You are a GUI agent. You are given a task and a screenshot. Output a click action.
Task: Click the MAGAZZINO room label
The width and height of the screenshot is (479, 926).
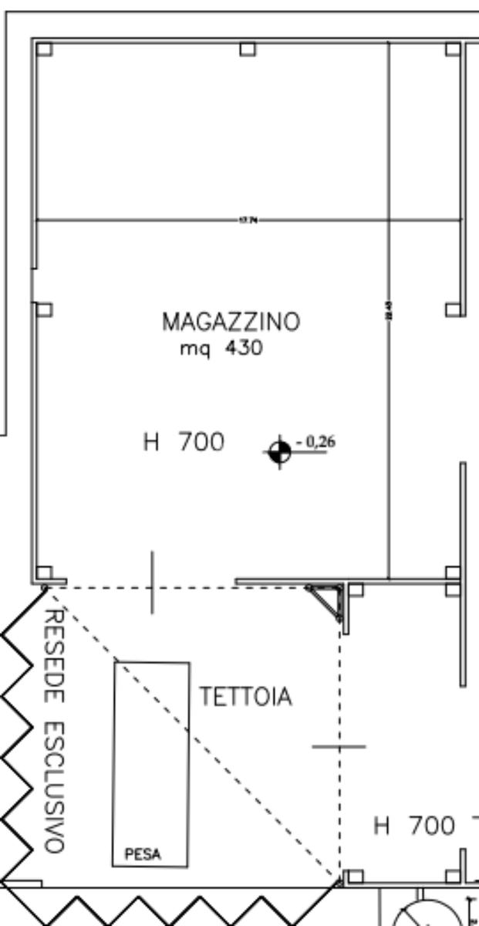(x=231, y=322)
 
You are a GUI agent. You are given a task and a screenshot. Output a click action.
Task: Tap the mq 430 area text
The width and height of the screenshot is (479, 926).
(x=221, y=349)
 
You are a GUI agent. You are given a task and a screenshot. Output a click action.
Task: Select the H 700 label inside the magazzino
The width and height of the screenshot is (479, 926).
(x=184, y=443)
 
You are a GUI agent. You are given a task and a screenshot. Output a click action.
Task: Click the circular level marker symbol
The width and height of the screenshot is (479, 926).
(x=279, y=451)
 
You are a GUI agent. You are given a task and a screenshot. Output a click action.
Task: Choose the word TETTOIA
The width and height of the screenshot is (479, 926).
(x=246, y=697)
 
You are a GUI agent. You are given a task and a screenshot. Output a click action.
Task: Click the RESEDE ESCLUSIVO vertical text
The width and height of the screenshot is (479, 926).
(x=52, y=729)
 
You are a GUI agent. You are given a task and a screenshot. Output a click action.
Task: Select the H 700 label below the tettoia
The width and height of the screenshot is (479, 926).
(x=414, y=826)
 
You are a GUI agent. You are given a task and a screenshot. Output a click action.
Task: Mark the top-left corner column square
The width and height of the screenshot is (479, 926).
(x=44, y=49)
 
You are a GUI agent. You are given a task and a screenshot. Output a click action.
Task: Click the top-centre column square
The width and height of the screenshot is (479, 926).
(x=247, y=49)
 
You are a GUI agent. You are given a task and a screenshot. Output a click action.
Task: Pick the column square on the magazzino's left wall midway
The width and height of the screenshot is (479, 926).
(x=44, y=309)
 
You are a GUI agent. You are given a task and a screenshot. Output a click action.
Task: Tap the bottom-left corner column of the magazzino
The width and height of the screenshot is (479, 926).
(x=44, y=573)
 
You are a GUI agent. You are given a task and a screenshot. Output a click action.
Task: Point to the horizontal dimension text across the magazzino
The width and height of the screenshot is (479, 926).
(x=248, y=221)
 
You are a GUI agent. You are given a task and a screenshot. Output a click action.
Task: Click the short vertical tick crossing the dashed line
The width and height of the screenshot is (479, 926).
(x=152, y=582)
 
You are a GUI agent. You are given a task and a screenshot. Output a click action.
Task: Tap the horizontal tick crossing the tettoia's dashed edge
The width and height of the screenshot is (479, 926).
(x=339, y=746)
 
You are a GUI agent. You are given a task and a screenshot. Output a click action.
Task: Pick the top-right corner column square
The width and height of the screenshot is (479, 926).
(x=453, y=49)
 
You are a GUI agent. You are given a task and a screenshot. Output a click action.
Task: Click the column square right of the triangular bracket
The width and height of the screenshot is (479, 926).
(x=355, y=590)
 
